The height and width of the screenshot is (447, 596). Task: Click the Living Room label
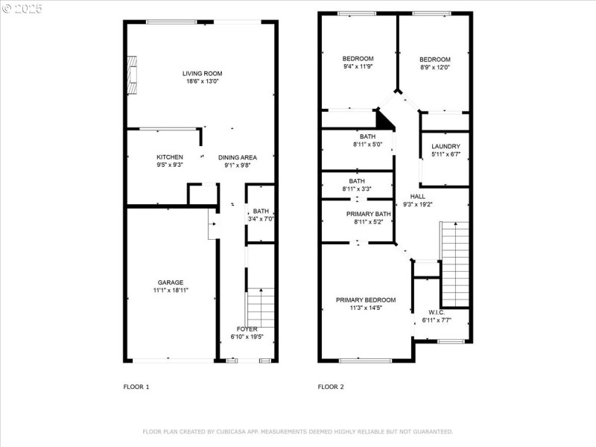tap(202, 74)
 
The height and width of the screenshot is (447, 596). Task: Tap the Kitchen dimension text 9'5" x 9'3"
tap(169, 165)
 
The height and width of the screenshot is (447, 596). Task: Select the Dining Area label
tap(237, 157)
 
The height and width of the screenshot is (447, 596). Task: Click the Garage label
tap(170, 282)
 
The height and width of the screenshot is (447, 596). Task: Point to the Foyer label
tap(247, 329)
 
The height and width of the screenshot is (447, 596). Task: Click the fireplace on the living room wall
tap(132, 75)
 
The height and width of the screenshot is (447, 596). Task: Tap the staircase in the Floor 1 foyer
tap(260, 307)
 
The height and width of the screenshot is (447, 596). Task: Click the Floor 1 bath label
tap(260, 211)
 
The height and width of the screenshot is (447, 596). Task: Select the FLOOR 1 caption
tap(136, 387)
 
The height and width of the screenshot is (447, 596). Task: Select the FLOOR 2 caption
tap(331, 387)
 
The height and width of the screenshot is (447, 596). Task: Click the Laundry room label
tap(446, 146)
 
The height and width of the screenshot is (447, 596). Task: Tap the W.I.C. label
tap(437, 312)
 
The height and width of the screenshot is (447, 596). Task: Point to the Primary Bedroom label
tap(365, 299)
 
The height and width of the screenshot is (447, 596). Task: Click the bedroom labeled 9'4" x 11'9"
tap(358, 59)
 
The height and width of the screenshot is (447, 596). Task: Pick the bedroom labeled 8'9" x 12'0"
tap(434, 60)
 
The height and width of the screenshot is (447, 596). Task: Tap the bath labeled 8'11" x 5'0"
tap(367, 136)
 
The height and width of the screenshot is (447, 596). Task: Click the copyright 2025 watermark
tap(23, 8)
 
